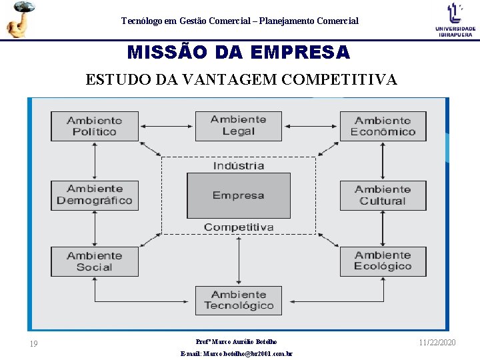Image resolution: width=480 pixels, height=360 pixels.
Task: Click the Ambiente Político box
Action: tap(95, 126)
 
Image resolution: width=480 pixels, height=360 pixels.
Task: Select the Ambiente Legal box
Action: tap(238, 125)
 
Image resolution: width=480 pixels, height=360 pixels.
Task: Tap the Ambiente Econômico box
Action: tap(383, 126)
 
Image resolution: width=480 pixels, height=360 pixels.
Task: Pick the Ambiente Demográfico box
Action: tap(95, 195)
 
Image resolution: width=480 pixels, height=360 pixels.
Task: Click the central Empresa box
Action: tap(238, 195)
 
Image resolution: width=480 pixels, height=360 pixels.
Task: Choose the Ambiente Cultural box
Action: tap(383, 195)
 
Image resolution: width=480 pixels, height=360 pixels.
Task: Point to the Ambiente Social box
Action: tap(95, 261)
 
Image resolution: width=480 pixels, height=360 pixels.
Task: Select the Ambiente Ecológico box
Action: tap(383, 261)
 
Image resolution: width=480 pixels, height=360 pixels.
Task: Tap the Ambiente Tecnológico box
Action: tap(238, 300)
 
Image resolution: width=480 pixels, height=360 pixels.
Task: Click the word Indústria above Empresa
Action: tap(238, 165)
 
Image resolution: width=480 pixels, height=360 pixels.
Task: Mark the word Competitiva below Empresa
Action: tap(238, 227)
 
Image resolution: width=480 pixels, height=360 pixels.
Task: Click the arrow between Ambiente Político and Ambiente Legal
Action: tap(167, 125)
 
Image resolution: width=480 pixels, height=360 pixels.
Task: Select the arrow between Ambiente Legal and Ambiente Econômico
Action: tap(311, 125)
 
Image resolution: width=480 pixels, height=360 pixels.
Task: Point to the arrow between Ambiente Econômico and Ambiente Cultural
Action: tap(383, 161)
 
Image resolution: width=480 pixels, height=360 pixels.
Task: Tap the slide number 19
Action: tap(33, 344)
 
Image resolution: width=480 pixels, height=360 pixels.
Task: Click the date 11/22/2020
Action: tap(437, 342)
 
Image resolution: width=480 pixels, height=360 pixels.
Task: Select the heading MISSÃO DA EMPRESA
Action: tap(238, 52)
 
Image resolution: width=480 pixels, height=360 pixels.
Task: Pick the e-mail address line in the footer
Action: tap(237, 354)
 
